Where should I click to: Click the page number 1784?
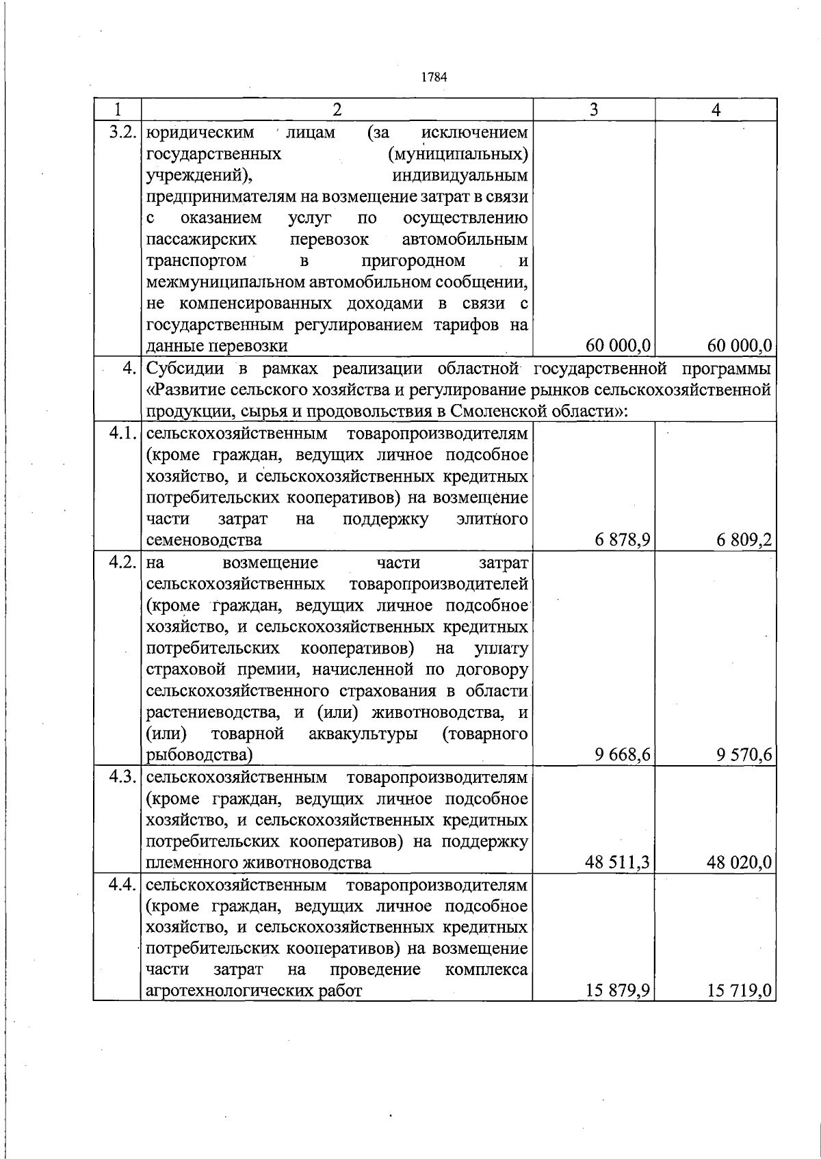[434, 77]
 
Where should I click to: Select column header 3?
[594, 109]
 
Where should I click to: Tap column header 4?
[716, 109]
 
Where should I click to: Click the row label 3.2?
[123, 131]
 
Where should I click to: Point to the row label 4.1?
[123, 434]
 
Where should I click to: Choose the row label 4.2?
[123, 563]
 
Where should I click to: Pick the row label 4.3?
[123, 777]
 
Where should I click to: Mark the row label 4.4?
[123, 885]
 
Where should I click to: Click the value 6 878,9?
[623, 540]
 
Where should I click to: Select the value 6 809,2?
[744, 540]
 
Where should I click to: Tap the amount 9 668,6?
[623, 755]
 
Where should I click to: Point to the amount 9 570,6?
[744, 755]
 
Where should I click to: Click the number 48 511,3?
[617, 862]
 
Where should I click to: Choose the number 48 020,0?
[740, 862]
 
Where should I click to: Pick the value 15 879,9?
[617, 991]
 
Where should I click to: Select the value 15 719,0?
[740, 991]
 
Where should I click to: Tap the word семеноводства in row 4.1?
[204, 540]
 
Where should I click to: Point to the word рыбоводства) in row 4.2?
[199, 756]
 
